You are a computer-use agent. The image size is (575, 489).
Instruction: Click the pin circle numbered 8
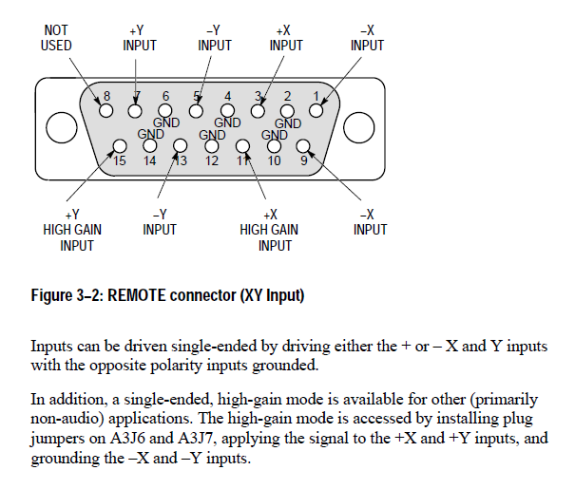pos(106,110)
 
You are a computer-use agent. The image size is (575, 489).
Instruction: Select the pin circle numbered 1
pos(316,110)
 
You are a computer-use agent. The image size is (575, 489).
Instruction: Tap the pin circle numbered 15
pos(120,146)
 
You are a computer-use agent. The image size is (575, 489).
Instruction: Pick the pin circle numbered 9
pos(302,146)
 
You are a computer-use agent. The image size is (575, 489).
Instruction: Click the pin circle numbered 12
pos(211,146)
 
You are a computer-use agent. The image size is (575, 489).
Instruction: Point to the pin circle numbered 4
pos(227,110)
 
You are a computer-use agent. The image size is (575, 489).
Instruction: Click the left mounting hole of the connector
pos(62,127)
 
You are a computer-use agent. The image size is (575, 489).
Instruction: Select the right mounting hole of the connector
pos(358,127)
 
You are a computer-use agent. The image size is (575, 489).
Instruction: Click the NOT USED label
pos(56,38)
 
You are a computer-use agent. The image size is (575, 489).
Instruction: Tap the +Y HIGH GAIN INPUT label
pos(72,230)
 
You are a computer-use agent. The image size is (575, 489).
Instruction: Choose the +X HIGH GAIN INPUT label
pos(269,230)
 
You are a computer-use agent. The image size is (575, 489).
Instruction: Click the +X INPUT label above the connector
pos(286,38)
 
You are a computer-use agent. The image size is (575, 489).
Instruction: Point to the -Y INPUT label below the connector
pos(160,222)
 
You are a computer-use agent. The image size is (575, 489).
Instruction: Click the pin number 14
pos(149,160)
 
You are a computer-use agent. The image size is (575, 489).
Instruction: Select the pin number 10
pos(275,160)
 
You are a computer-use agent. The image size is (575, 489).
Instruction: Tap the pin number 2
pos(287,96)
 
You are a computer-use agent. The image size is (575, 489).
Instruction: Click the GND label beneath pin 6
pos(166,122)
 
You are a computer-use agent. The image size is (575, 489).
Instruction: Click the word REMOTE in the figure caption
pos(137,295)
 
